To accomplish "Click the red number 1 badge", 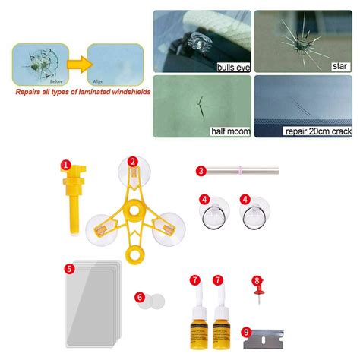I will click(x=67, y=164).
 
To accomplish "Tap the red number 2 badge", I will click(x=132, y=161).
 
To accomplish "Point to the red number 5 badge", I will click(x=69, y=267).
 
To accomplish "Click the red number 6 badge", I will click(x=140, y=298).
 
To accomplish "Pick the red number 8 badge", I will click(x=257, y=280).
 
